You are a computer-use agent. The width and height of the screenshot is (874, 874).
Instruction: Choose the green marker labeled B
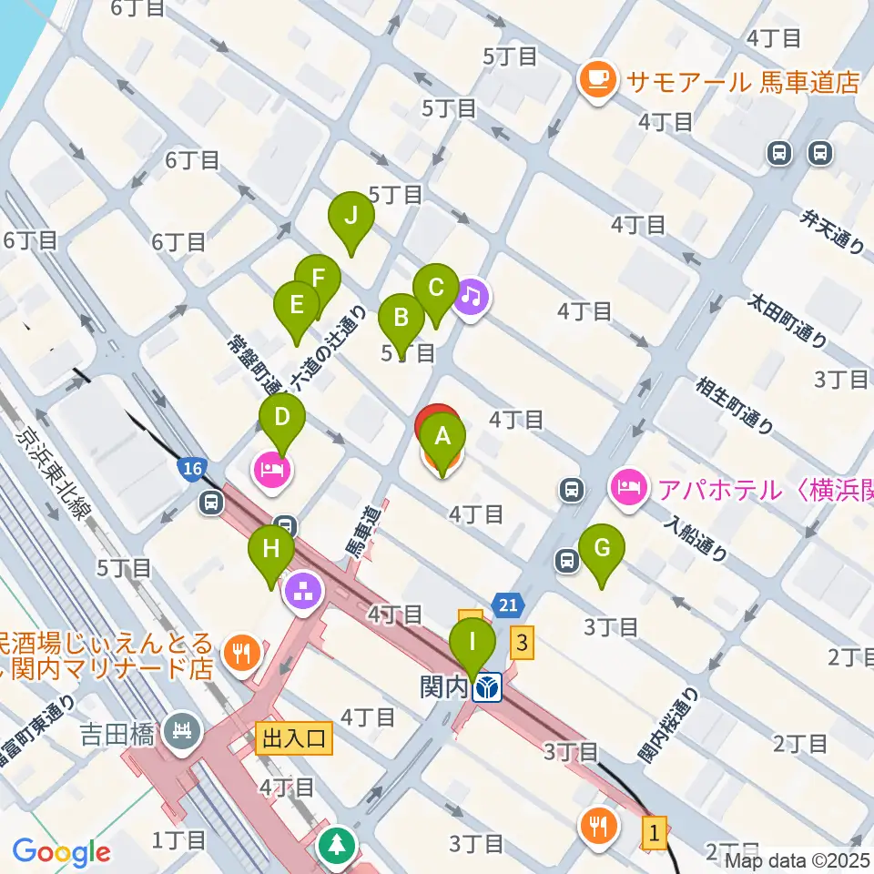coord(401,321)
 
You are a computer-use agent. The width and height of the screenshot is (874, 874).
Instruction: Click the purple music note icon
coord(471,296)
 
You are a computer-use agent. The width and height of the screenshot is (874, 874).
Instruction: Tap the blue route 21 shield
coord(508,603)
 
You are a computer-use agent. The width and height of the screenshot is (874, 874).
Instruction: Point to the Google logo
coord(61,852)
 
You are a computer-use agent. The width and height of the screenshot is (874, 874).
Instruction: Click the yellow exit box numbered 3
coord(522,643)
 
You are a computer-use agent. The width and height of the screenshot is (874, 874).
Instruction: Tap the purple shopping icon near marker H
coord(303,592)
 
